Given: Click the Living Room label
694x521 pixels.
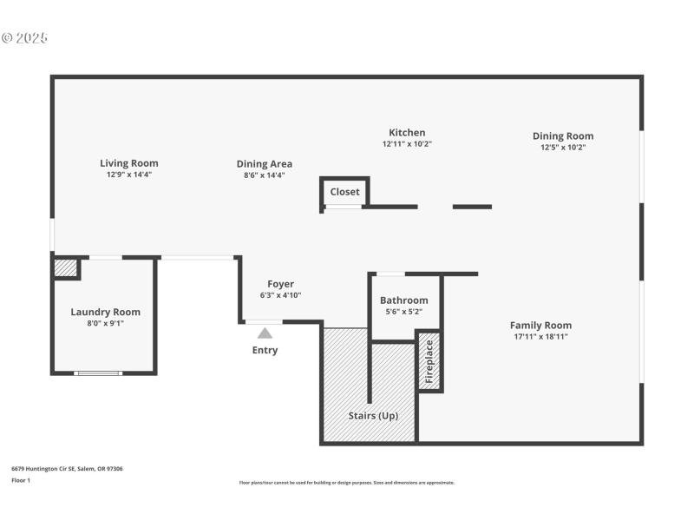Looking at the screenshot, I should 128,162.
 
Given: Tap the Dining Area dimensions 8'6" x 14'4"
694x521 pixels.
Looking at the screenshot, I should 264,175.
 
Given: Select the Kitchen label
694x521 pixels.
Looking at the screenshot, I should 406,133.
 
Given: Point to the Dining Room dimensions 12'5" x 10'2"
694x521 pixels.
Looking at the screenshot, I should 562,147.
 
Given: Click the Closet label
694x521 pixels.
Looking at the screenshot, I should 344,192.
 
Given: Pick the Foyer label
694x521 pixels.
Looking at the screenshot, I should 280,284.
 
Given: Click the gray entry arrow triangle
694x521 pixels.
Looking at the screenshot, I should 265,333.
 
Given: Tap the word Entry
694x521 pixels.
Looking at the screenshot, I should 265,350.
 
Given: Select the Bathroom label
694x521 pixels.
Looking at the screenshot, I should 403,300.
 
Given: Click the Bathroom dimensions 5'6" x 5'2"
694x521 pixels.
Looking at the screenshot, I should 403,312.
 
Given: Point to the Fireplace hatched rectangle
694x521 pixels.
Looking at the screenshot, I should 429,360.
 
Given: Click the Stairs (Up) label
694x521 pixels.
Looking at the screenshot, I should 373,415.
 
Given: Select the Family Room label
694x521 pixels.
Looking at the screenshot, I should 540,325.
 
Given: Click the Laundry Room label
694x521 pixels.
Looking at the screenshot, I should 105,312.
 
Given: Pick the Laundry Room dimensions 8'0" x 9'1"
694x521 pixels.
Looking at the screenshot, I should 105,323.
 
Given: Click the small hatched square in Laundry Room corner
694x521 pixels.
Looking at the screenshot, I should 65,268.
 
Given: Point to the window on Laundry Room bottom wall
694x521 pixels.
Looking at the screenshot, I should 98,373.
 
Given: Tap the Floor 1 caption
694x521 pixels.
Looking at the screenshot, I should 21,479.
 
